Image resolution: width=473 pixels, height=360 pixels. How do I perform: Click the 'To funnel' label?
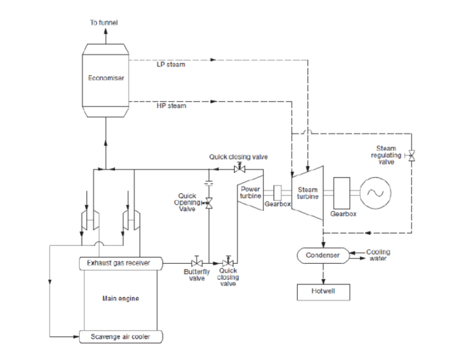[104, 23]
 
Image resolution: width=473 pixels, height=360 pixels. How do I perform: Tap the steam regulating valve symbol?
[411, 157]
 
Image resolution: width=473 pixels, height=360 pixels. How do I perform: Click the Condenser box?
[320, 255]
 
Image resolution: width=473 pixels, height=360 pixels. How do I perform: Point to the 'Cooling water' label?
[378, 255]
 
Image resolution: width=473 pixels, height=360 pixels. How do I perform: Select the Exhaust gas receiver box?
[122, 263]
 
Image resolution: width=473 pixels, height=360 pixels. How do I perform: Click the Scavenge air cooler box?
[122, 337]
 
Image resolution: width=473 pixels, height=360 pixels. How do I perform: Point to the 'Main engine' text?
[120, 299]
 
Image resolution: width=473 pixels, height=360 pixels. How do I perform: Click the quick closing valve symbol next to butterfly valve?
[229, 263]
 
